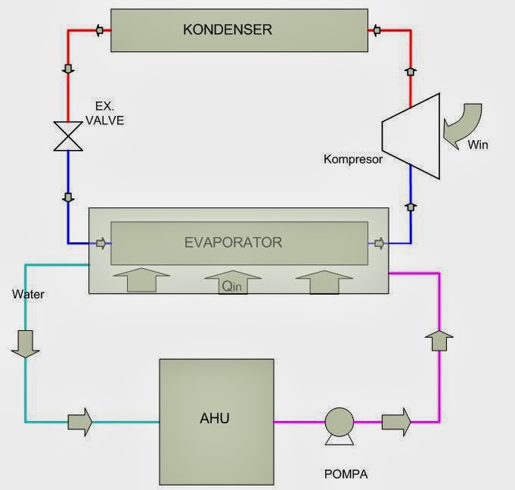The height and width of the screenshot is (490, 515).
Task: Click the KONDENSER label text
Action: pyautogui.click(x=228, y=30)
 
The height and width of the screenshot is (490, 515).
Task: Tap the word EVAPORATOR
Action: pyautogui.click(x=233, y=242)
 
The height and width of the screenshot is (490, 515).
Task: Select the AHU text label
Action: pyautogui.click(x=215, y=418)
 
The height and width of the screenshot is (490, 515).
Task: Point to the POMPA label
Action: pyautogui.click(x=346, y=474)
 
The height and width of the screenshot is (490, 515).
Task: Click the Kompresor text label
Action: pyautogui.click(x=353, y=159)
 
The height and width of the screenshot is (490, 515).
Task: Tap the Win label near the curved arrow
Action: pyautogui.click(x=478, y=145)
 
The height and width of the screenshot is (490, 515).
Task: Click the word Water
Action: pyautogui.click(x=28, y=294)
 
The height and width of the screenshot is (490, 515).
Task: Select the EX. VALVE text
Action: pyautogui.click(x=105, y=114)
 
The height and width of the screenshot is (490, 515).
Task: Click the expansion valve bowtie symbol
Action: pyautogui.click(x=68, y=136)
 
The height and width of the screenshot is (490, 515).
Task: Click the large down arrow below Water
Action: pyautogui.click(x=25, y=344)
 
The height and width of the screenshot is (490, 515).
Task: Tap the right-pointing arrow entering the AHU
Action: pyautogui.click(x=80, y=423)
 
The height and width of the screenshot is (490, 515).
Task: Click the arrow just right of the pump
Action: pyautogui.click(x=396, y=423)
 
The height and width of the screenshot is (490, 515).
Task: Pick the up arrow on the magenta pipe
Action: pyautogui.click(x=439, y=341)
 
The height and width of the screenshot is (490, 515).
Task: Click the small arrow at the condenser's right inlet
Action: pyautogui.click(x=377, y=30)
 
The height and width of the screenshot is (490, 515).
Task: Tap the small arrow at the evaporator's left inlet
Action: pyautogui.click(x=101, y=243)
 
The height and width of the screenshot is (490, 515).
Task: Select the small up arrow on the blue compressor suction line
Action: pyautogui.click(x=411, y=207)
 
